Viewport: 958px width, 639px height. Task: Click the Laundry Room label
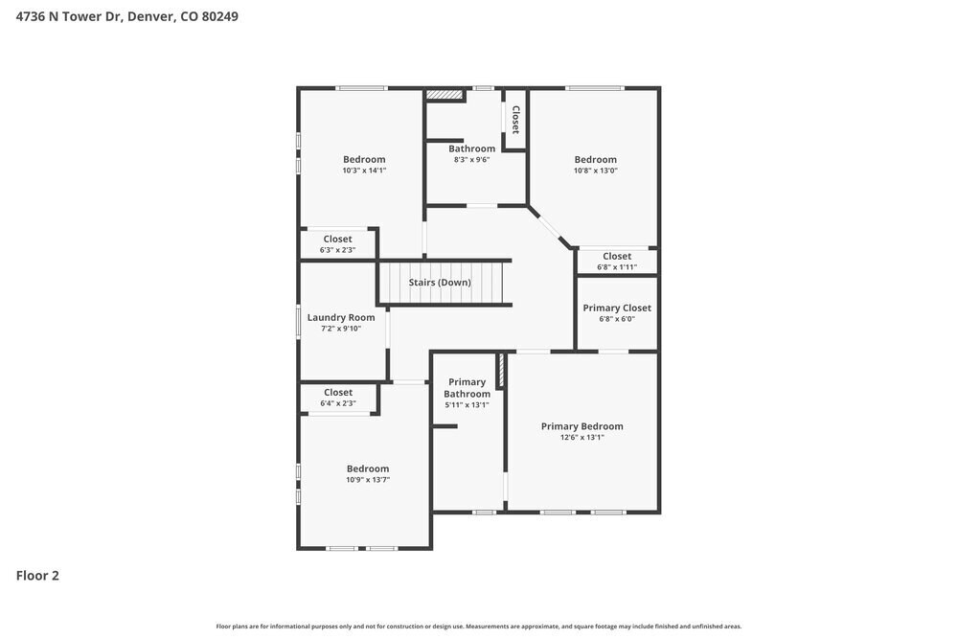tap(341, 317)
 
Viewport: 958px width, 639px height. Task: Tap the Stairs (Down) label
tap(440, 283)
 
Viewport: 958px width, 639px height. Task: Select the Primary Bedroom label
tap(582, 426)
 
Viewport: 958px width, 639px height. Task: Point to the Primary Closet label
tap(617, 308)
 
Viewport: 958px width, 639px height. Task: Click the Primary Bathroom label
tap(468, 388)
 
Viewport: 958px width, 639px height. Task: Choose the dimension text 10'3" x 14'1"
tap(364, 171)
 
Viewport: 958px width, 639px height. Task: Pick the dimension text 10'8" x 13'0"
tap(595, 171)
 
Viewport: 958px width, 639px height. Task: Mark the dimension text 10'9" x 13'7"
tap(368, 480)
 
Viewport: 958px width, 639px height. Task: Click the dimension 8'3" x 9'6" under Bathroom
tap(471, 160)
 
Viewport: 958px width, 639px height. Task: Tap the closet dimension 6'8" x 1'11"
tap(617, 267)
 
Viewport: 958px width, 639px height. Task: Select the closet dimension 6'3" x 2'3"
tap(337, 250)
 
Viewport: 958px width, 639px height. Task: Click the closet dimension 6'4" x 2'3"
tap(338, 403)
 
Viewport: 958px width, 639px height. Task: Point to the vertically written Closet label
tap(515, 120)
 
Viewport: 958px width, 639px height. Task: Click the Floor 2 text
tap(37, 576)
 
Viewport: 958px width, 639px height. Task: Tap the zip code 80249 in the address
tap(220, 16)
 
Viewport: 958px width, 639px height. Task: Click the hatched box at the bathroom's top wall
tap(445, 95)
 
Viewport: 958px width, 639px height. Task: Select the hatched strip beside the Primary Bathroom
tap(500, 371)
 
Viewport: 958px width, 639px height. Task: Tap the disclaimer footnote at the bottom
tap(479, 627)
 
